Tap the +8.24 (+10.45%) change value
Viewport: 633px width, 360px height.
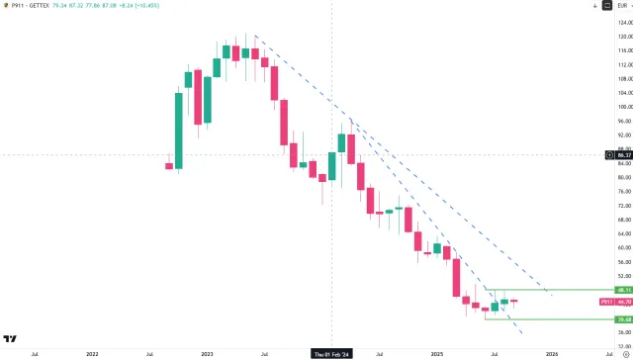pos(143,6)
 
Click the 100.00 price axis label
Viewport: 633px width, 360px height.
pos(624,107)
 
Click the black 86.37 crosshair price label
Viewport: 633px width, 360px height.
pos(624,155)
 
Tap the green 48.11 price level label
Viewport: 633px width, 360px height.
pos(624,290)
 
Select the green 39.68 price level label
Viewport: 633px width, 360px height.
pos(624,319)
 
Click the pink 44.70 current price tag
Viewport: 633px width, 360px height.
pos(624,301)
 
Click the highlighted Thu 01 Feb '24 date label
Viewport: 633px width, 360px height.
pos(331,353)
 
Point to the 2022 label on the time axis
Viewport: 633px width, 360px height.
pos(92,353)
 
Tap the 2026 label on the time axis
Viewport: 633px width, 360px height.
pos(552,353)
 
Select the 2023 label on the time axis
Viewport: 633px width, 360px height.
pos(207,353)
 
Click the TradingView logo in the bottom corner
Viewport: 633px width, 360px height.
pos(10,338)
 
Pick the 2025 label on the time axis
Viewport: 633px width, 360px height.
pos(437,353)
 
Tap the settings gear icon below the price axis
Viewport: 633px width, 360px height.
pos(623,353)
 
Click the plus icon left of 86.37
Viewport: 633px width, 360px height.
pos(610,155)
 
